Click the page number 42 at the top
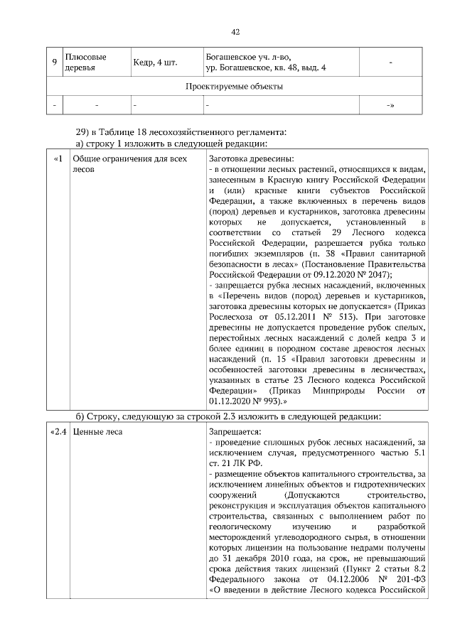point(235,31)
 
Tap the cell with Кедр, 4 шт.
point(154,63)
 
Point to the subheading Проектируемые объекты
point(235,87)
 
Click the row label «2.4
point(58,432)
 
